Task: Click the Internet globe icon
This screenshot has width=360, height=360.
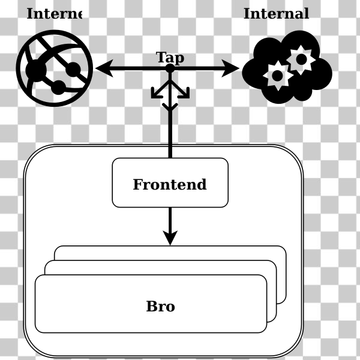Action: tap(55, 68)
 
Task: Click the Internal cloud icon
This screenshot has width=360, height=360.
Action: tap(287, 68)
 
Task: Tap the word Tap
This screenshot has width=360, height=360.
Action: tap(170, 58)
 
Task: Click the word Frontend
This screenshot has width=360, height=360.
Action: tap(170, 185)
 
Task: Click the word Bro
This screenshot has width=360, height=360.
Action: tap(160, 307)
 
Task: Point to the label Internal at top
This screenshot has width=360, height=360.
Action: tap(276, 14)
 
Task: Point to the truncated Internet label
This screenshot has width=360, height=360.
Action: tap(53, 14)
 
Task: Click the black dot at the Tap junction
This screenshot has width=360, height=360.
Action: tap(170, 68)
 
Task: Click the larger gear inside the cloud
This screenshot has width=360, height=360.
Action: tap(301, 59)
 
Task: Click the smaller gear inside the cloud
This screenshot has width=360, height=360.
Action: tap(277, 76)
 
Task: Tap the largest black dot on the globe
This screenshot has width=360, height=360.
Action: tap(36, 70)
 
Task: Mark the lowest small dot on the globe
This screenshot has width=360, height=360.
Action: tap(58, 88)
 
